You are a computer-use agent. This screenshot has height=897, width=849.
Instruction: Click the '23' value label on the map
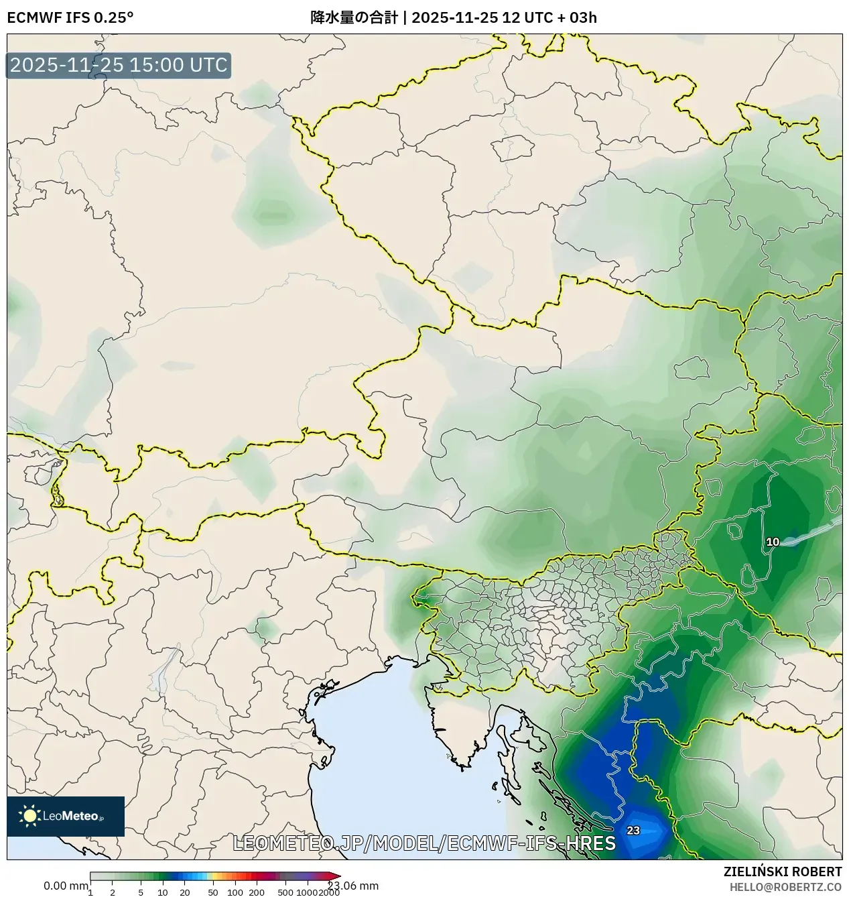click(633, 831)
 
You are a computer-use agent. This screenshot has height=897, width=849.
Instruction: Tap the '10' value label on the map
click(773, 542)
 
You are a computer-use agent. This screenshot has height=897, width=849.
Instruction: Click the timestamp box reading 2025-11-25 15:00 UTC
click(119, 66)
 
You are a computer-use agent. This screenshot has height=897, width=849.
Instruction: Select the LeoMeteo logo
click(66, 816)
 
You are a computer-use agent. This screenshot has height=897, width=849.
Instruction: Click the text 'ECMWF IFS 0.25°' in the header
click(70, 17)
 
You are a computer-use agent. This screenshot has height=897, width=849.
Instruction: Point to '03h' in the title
click(583, 17)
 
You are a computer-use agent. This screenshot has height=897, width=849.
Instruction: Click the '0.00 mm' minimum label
click(66, 886)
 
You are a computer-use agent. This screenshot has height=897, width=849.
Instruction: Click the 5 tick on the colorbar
click(141, 892)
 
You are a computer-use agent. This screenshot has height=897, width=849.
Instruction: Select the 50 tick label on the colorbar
click(213, 892)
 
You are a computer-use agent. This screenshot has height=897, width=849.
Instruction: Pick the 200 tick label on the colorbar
click(257, 892)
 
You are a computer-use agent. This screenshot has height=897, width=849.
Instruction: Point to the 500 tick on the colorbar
click(285, 892)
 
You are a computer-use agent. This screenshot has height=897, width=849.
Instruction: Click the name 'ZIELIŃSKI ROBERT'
click(783, 872)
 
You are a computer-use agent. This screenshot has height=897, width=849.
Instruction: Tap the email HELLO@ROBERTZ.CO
click(785, 887)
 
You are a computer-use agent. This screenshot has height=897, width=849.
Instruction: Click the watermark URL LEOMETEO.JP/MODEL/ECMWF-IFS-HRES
click(424, 843)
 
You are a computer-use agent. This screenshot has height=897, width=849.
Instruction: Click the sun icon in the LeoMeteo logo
click(30, 815)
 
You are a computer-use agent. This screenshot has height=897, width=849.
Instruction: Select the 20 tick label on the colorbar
click(185, 892)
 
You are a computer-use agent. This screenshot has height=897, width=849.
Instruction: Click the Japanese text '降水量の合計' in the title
click(354, 17)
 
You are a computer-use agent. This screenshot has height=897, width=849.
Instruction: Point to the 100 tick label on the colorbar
click(235, 892)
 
